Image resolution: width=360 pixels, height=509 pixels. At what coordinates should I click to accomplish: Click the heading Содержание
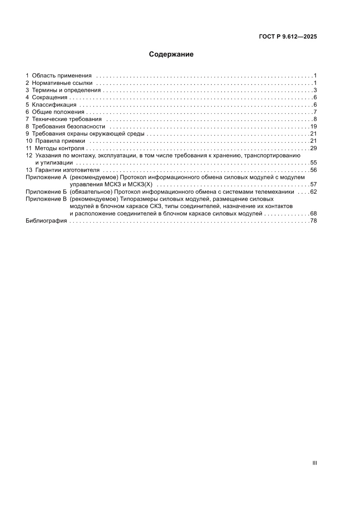(x=171, y=54)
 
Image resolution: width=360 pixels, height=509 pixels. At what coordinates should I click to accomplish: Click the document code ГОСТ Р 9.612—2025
(x=287, y=37)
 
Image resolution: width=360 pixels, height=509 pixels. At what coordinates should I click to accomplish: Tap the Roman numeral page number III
(x=314, y=463)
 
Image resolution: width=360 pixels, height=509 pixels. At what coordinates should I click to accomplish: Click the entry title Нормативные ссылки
(x=62, y=83)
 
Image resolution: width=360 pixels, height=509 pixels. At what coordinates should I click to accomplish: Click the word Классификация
(x=54, y=104)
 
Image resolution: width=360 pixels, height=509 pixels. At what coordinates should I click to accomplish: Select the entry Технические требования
(x=67, y=119)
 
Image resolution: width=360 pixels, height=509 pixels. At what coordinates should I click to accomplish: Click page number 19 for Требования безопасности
(x=313, y=126)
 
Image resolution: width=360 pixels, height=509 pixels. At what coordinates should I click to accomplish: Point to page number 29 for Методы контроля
(x=313, y=148)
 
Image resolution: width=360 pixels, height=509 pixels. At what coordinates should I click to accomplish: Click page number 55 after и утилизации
(x=313, y=162)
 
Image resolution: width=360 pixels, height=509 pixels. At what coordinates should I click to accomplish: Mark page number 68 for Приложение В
(x=313, y=213)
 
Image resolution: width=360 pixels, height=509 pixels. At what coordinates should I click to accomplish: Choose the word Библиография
(x=46, y=221)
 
